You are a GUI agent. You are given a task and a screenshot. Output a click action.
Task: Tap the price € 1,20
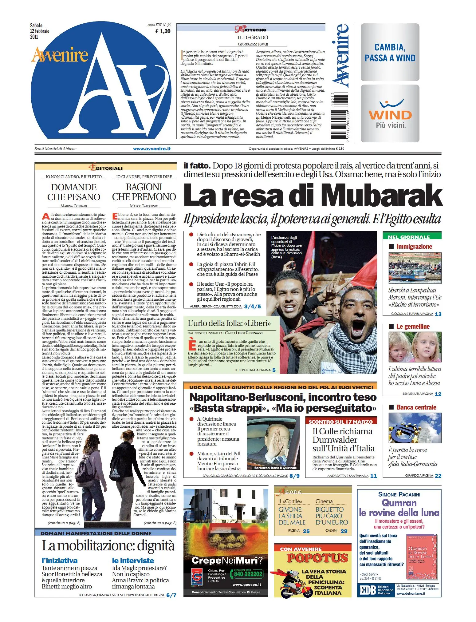[x=163, y=31]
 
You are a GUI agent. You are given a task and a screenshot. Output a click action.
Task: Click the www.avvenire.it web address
[x=152, y=149]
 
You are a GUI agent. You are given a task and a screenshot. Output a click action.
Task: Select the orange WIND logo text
[x=390, y=115]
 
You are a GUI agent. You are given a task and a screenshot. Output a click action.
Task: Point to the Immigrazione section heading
[x=414, y=247]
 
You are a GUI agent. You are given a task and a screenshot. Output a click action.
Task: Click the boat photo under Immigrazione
[x=415, y=268]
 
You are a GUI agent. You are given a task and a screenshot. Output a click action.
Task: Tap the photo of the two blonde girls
[x=415, y=347]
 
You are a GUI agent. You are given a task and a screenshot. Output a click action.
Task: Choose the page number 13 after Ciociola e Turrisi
[x=438, y=314]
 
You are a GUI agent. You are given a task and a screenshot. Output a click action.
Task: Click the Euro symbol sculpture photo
[x=415, y=428]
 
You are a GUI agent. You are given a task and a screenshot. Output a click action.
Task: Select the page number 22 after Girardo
[x=438, y=476]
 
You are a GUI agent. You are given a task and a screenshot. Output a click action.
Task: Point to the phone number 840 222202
[x=248, y=574]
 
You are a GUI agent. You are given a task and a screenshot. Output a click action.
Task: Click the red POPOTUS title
[x=317, y=558]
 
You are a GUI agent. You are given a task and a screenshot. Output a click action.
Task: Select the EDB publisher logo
[x=368, y=590]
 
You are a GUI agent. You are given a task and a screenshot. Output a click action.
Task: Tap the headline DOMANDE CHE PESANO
[x=74, y=192]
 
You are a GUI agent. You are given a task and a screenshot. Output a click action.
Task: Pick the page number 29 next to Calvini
[x=344, y=531]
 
